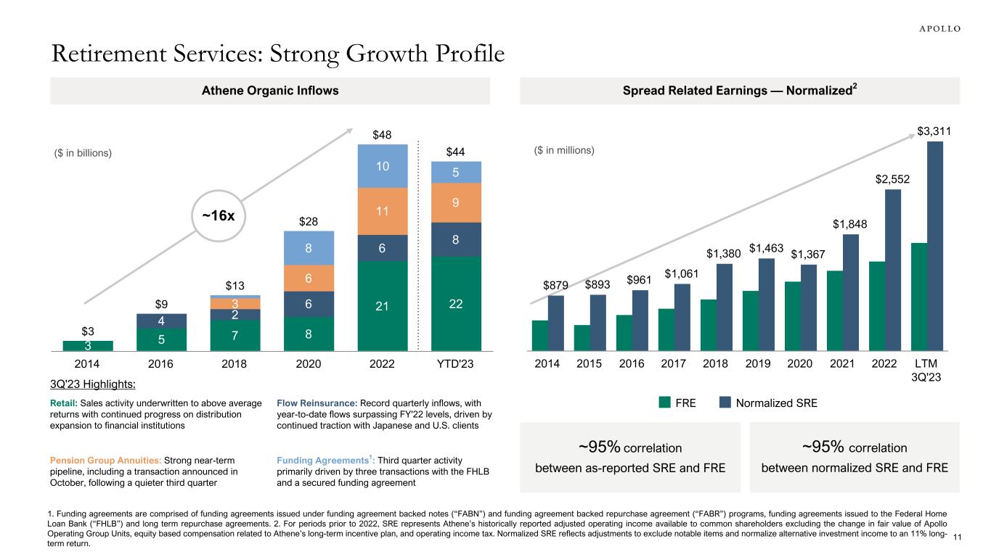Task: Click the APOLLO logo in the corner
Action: tap(935, 28)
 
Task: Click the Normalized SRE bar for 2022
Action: tap(892, 270)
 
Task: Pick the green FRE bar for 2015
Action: tap(582, 338)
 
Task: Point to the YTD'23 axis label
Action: tap(455, 364)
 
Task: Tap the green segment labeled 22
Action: tap(455, 304)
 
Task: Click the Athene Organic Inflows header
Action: tap(270, 91)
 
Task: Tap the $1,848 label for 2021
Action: tap(851, 224)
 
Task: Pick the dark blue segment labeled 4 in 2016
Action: tap(162, 321)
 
